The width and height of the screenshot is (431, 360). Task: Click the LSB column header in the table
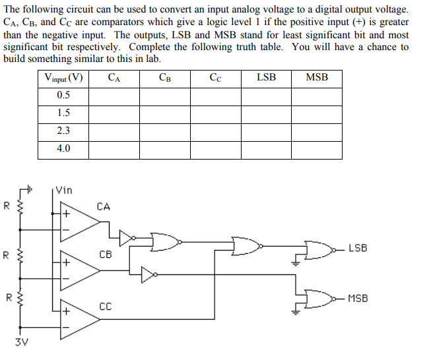pyautogui.click(x=266, y=78)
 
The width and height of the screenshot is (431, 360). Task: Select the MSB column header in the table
pyautogui.click(x=317, y=78)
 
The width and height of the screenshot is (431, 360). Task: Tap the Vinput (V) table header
pyautogui.click(x=63, y=78)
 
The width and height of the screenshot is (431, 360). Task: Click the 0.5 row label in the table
pyautogui.click(x=63, y=95)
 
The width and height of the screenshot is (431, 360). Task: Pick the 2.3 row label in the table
pyautogui.click(x=63, y=131)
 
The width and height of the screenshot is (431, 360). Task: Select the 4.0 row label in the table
pyautogui.click(x=63, y=149)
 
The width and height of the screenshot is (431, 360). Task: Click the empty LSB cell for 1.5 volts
pyautogui.click(x=266, y=113)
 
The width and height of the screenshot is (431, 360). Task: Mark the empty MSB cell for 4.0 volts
pyautogui.click(x=317, y=149)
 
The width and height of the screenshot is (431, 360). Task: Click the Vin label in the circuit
pyautogui.click(x=64, y=190)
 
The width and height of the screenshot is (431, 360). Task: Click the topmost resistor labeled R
pyautogui.click(x=20, y=208)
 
